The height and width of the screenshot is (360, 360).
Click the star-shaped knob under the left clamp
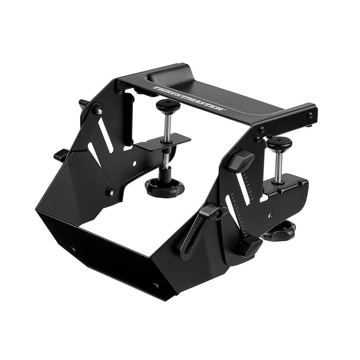coord(165,186)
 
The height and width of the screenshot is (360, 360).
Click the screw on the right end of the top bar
coord(310,115)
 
